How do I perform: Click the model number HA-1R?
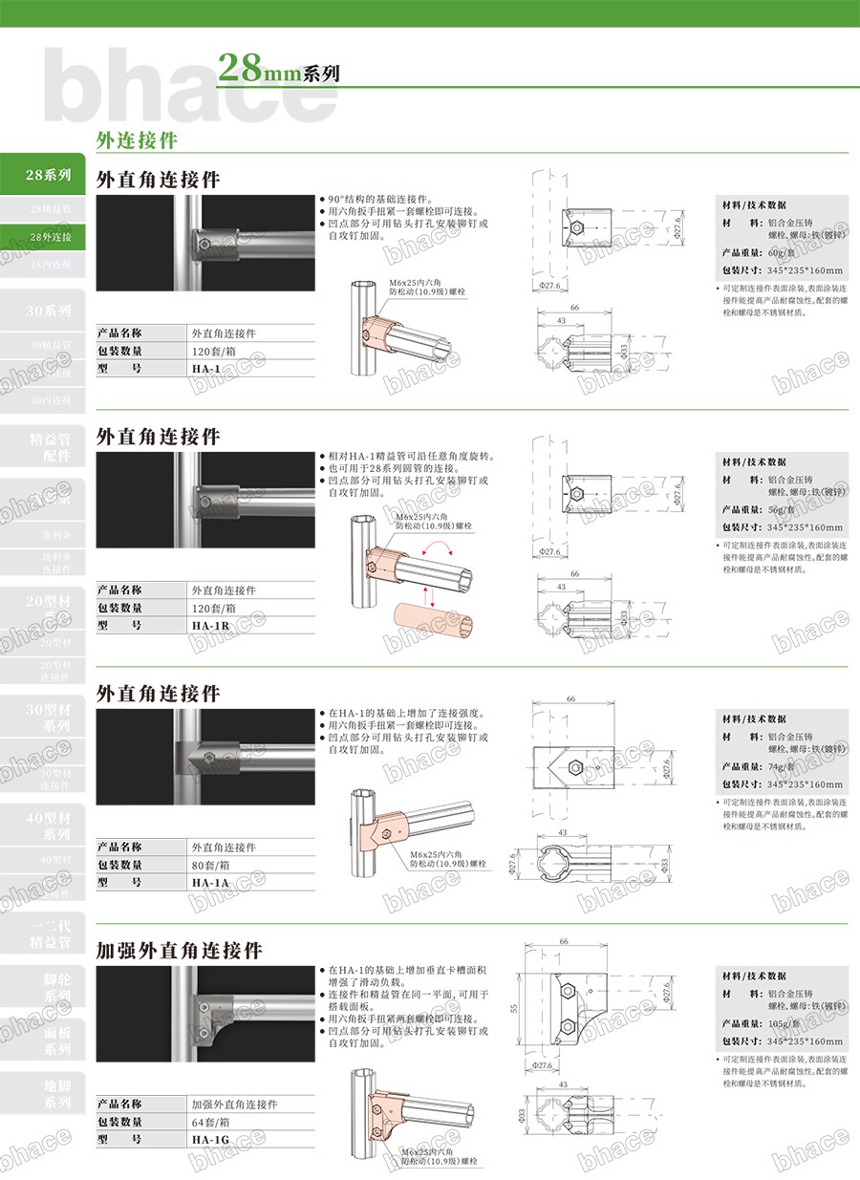[x=210, y=626]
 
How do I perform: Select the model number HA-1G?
[x=210, y=1140]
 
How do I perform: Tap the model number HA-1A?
[x=210, y=883]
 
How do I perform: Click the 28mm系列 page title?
[x=278, y=69]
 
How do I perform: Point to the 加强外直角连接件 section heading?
[x=180, y=951]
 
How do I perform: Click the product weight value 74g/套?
[x=783, y=766]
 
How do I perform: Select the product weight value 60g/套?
[x=783, y=252]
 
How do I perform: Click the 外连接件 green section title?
[x=137, y=139]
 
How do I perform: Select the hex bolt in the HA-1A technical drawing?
[x=577, y=769]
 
